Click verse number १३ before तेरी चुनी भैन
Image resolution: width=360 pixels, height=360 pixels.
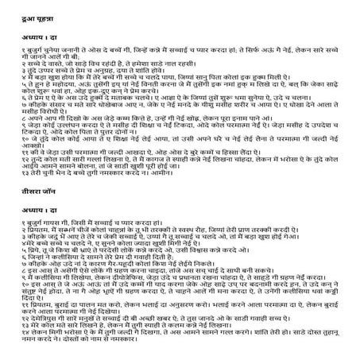[8, 193]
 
